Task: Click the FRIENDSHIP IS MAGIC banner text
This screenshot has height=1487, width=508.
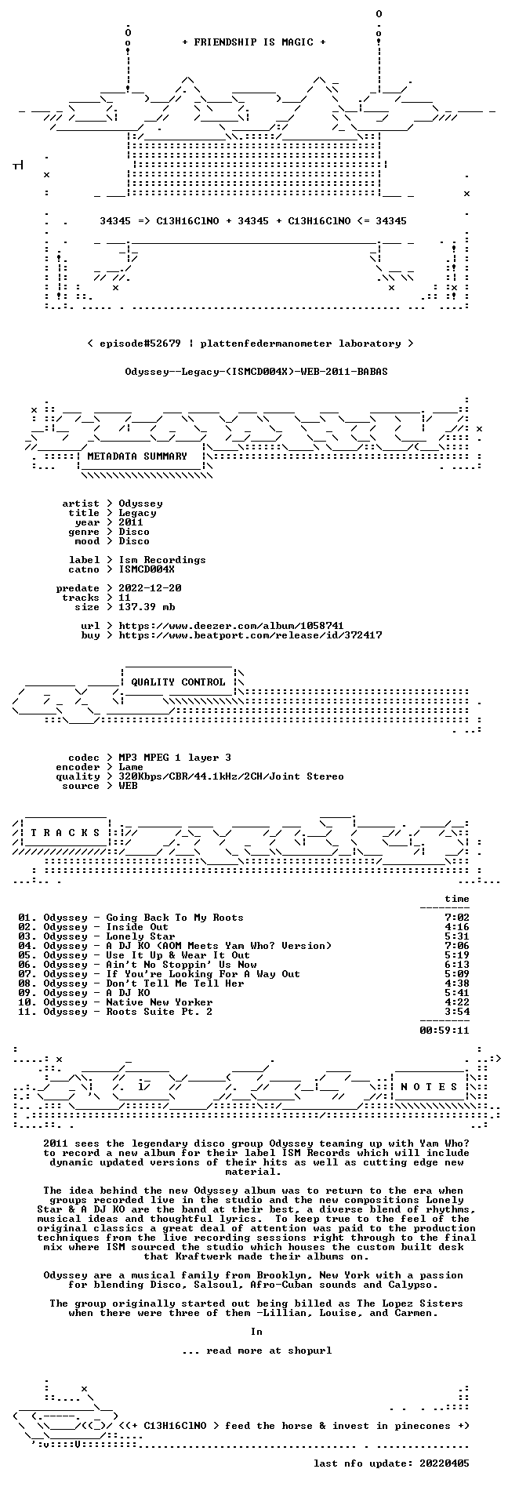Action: click(x=253, y=42)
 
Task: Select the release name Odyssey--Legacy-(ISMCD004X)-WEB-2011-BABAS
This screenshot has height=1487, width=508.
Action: click(x=256, y=372)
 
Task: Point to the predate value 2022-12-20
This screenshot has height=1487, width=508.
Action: click(x=150, y=588)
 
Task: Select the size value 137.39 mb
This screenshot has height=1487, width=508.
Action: click(x=147, y=607)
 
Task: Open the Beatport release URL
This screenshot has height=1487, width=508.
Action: click(x=250, y=635)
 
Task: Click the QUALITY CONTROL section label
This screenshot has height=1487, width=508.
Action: click(x=178, y=682)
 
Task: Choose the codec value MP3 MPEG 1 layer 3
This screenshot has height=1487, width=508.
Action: click(x=175, y=758)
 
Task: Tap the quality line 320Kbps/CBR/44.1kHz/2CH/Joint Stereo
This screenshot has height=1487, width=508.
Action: click(x=231, y=776)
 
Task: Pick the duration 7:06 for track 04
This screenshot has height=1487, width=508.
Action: click(x=457, y=946)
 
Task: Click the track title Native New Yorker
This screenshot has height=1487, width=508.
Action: click(x=159, y=1002)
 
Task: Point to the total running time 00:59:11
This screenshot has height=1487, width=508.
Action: click(x=444, y=1031)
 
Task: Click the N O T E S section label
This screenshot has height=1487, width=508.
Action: click(x=429, y=1087)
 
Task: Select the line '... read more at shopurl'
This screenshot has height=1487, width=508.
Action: click(x=256, y=1351)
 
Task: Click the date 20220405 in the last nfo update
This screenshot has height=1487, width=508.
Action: click(x=444, y=1463)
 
